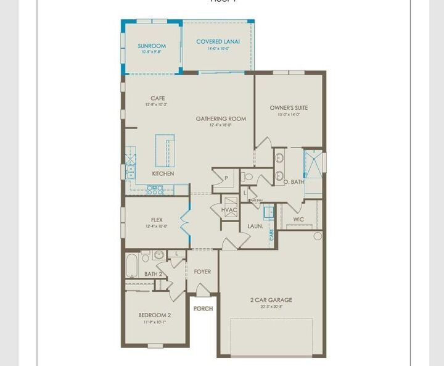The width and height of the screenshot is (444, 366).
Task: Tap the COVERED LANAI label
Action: click(x=218, y=42)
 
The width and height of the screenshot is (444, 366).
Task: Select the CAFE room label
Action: click(x=157, y=98)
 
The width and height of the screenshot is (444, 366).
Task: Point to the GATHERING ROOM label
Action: click(x=221, y=119)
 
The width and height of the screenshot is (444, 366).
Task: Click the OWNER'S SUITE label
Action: click(x=289, y=108)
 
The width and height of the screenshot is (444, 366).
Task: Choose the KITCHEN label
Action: click(x=163, y=173)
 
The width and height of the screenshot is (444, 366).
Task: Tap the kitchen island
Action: click(x=165, y=150)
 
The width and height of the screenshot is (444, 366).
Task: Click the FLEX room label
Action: click(x=157, y=220)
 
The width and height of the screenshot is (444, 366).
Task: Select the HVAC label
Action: click(x=229, y=210)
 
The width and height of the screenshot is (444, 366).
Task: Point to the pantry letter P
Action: click(x=226, y=178)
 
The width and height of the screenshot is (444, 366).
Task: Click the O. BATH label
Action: click(x=294, y=181)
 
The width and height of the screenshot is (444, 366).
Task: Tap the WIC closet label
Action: click(x=298, y=219)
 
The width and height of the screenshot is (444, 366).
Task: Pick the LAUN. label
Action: click(x=255, y=227)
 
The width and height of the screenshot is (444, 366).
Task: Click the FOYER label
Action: click(x=202, y=272)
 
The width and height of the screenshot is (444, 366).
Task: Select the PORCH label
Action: click(x=203, y=309)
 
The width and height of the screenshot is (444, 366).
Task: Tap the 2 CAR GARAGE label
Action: click(x=271, y=300)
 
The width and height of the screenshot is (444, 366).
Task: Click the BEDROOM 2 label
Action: click(x=155, y=315)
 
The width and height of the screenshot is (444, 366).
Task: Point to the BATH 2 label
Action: click(x=153, y=274)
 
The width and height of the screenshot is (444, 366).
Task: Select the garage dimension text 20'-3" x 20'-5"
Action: click(x=271, y=306)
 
